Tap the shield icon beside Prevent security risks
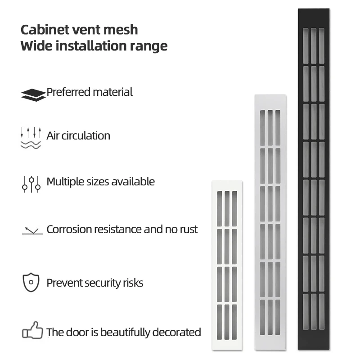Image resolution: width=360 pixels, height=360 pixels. coord(31,283)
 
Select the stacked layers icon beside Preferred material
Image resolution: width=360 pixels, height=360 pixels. coord(33,94)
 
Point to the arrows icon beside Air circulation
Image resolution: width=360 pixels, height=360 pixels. coord(31,137)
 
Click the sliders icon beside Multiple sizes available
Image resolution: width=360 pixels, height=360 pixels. coord(31,184)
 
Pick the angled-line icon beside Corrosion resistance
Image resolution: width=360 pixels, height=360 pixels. coord(32,231)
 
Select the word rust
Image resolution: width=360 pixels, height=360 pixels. coord(187,229)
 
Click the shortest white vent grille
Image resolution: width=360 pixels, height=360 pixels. coord(227,265)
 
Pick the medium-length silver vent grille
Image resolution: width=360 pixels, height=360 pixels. coord(270,222)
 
